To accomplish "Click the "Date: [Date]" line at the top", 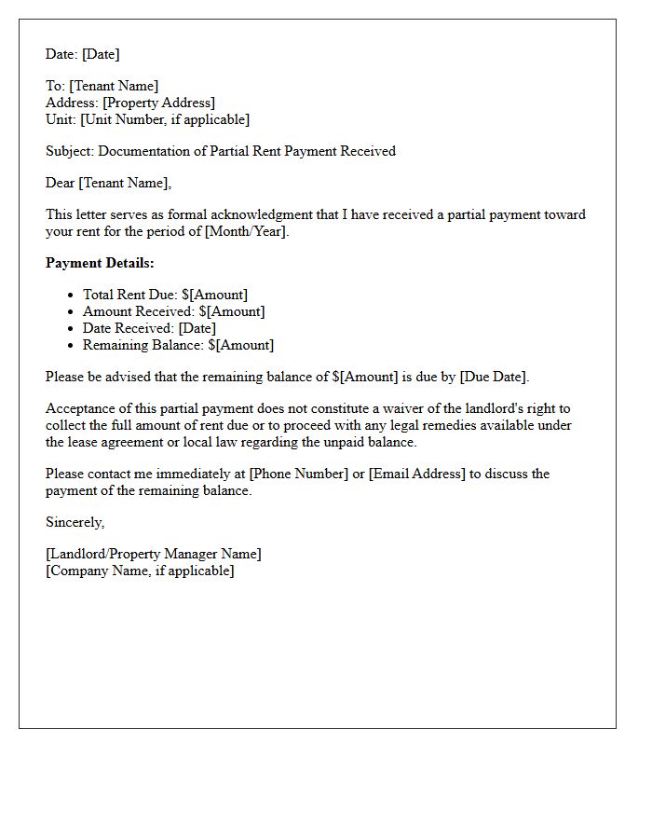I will [x=82, y=54].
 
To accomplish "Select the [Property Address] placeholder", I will [x=158, y=103].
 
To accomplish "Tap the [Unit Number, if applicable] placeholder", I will [x=165, y=119].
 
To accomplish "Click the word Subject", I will [x=69, y=151].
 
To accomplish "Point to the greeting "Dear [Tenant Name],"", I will [x=108, y=183].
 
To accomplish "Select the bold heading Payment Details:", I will [x=100, y=263].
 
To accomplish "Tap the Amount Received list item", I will [x=173, y=311].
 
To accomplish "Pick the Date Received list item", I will [x=149, y=328].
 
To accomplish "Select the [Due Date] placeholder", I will [x=494, y=377].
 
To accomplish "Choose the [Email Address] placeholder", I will [x=417, y=474].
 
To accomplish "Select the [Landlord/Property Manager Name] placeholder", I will [x=154, y=554].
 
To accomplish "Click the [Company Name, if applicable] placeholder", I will [x=140, y=571].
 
